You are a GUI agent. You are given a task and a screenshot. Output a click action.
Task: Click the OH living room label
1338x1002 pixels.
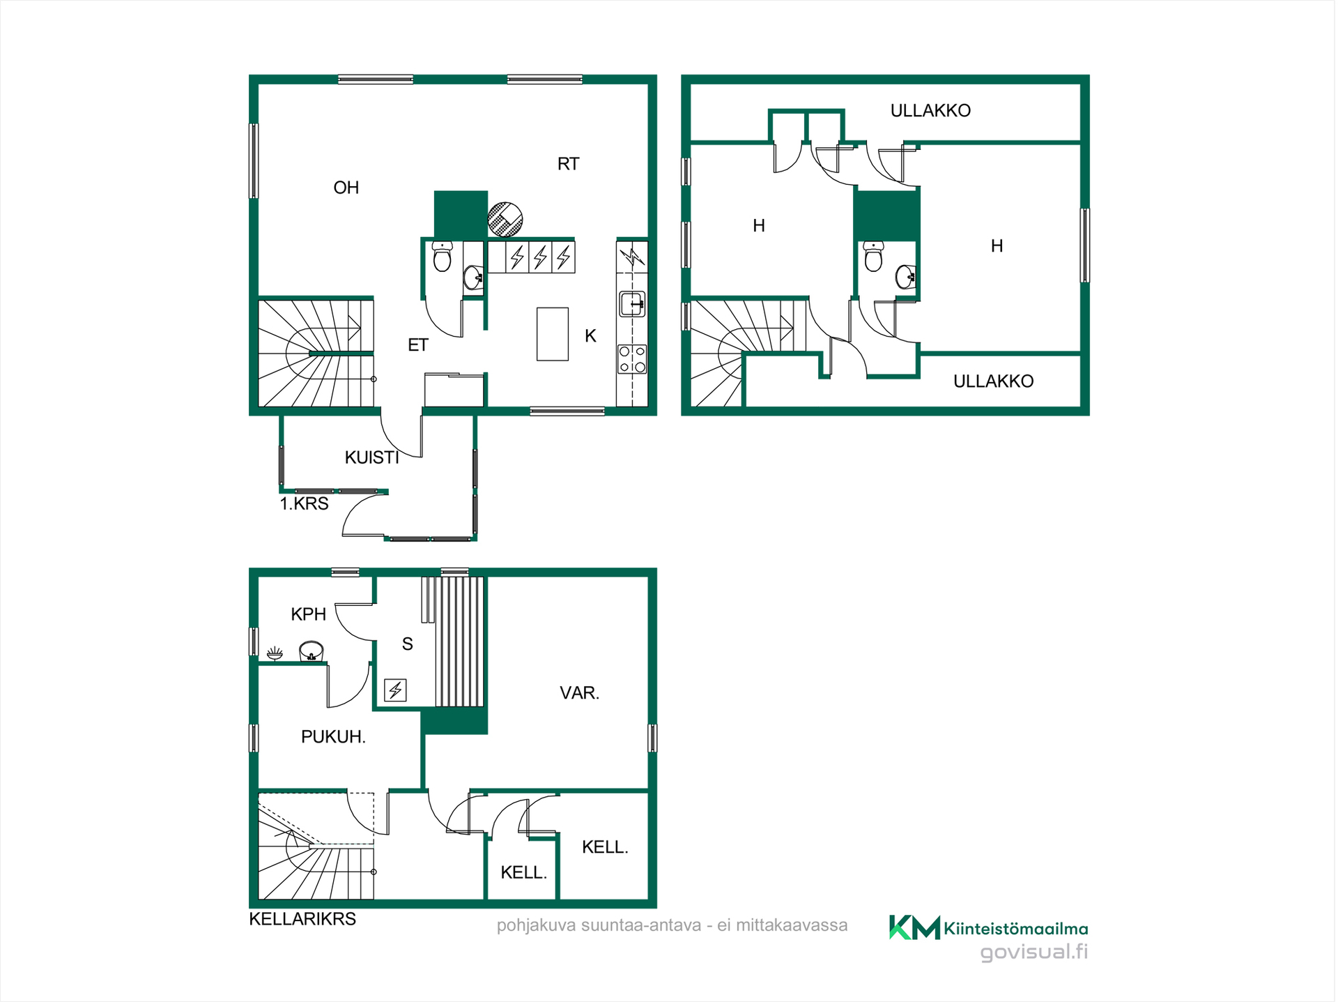346,188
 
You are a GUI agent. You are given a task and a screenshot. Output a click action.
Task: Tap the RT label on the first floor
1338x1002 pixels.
568,164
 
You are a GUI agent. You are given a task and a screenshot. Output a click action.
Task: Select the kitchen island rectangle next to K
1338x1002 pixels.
553,334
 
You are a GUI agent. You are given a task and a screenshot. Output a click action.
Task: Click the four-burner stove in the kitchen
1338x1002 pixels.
632,359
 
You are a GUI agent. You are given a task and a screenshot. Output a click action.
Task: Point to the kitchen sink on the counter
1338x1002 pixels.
632,304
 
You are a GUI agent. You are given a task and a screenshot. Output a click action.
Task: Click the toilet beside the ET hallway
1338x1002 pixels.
442,257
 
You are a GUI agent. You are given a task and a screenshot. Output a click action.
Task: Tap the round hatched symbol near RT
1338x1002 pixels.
505,219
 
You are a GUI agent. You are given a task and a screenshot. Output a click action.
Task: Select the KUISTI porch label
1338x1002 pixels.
372,457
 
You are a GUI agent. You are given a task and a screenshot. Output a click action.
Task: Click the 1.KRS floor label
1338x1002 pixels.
304,503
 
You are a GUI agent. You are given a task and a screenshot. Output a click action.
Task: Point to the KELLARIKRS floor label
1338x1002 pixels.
302,919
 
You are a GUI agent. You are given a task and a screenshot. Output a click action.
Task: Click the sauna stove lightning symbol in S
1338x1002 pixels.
395,690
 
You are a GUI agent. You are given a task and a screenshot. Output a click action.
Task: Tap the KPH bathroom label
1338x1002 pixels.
308,614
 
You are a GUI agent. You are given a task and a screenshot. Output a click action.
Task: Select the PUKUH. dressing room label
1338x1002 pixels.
333,737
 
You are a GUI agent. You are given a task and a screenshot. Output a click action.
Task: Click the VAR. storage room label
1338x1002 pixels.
580,693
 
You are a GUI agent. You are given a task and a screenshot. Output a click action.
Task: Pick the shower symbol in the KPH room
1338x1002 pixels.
275,653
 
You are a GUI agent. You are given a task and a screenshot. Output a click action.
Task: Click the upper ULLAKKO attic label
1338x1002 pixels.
930,111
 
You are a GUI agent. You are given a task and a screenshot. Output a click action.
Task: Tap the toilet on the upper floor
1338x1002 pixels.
873,256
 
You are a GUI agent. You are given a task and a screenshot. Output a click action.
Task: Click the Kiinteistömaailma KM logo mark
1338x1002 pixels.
914,927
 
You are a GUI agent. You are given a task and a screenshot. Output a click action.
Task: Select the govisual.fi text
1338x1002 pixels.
1034,952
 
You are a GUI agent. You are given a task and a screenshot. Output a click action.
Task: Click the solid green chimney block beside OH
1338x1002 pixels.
461,214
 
